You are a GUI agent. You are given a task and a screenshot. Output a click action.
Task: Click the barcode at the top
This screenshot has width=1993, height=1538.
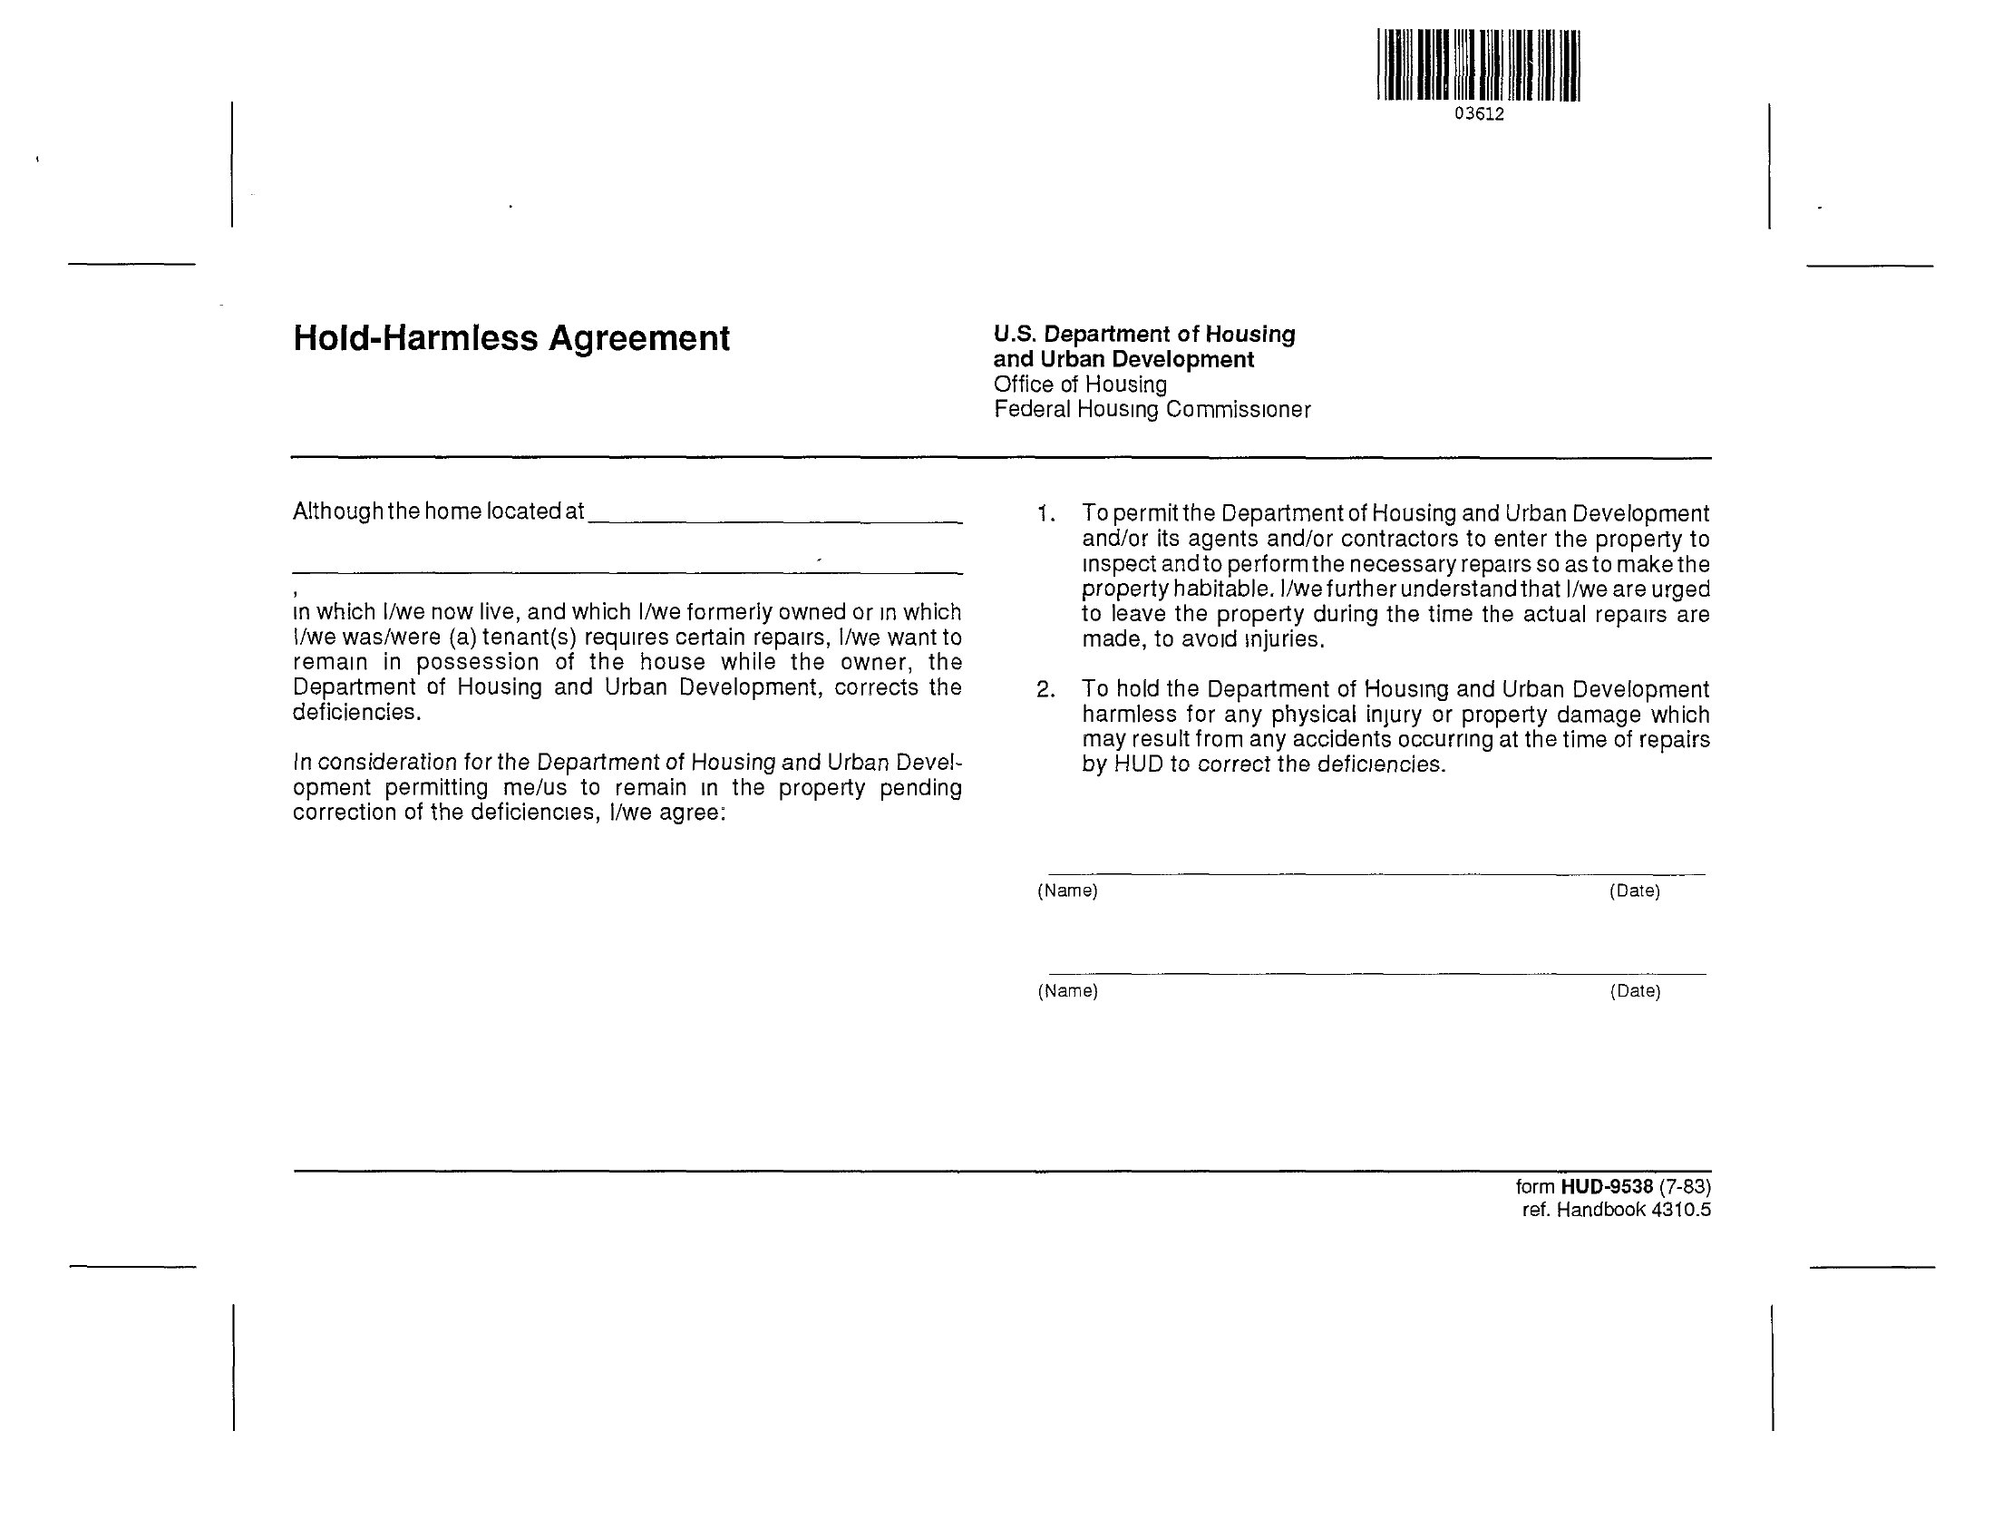(x=1478, y=64)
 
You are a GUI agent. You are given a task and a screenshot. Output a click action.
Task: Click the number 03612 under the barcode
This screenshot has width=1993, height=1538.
(x=1478, y=114)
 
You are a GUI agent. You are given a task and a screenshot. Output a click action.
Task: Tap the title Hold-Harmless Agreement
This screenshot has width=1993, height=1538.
(x=511, y=338)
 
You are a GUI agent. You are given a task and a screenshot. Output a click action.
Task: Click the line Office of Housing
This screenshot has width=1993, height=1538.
(x=1080, y=384)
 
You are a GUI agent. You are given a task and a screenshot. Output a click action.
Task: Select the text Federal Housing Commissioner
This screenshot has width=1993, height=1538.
(x=1152, y=410)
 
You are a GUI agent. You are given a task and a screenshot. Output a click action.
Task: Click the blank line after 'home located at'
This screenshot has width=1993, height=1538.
(x=775, y=519)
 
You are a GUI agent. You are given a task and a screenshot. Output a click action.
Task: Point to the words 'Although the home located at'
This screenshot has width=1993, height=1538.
(x=438, y=511)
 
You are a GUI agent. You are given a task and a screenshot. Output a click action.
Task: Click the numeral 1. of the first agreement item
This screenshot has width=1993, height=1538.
(x=1045, y=514)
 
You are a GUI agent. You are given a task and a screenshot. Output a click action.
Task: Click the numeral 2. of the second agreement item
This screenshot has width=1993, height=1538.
(x=1045, y=690)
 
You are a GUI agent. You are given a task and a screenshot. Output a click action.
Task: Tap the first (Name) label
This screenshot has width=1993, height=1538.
(x=1066, y=891)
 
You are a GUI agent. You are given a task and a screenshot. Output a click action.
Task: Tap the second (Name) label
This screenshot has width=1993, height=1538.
(x=1066, y=991)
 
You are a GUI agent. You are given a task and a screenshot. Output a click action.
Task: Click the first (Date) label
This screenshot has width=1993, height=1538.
(x=1634, y=891)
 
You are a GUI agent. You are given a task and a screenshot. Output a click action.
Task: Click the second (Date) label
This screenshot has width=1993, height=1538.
(x=1634, y=991)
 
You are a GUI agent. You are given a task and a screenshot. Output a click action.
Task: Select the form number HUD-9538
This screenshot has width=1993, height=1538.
(x=1607, y=1186)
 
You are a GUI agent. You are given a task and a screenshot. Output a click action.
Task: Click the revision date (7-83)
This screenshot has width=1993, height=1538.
(x=1685, y=1186)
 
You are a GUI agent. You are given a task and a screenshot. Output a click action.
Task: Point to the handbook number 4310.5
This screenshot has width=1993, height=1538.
(x=1681, y=1211)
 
